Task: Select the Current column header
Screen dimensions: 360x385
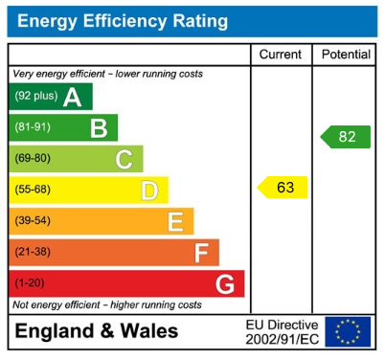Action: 281,55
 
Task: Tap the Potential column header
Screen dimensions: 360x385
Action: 345,55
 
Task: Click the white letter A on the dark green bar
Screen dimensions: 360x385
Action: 71,97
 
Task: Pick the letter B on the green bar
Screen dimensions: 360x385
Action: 98,128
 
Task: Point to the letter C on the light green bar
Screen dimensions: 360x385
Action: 124,159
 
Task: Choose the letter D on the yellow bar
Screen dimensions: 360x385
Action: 148,191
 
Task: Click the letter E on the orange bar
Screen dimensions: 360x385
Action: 174,222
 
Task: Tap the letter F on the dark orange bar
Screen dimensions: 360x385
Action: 200,253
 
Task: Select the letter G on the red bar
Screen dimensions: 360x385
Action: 225,284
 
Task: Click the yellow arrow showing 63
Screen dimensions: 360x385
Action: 283,187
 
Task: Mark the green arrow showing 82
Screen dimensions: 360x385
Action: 346,137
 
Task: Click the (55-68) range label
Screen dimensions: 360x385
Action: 32,191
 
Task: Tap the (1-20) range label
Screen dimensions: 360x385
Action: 29,284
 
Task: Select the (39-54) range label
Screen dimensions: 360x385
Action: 32,222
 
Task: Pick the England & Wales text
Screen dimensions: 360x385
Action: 96,331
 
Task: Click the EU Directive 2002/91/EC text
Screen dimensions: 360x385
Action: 282,331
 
